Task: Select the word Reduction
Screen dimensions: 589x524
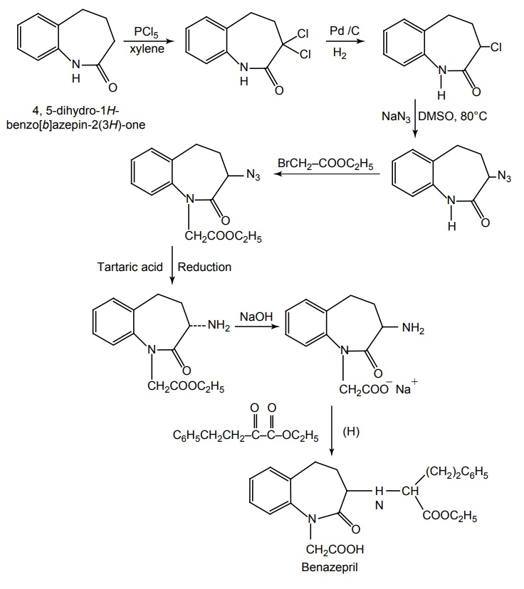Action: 204,267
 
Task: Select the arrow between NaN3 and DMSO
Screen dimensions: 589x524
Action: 417,117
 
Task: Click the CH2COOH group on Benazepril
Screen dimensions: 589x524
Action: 335,549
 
